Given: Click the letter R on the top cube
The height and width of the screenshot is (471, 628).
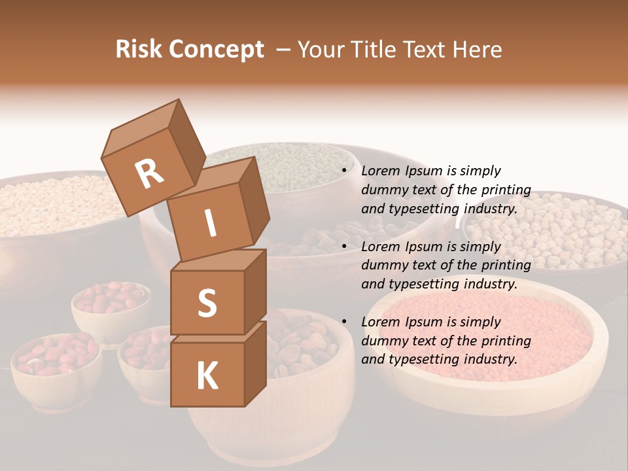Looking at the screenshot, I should click(x=149, y=174).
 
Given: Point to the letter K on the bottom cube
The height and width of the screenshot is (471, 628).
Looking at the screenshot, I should click(x=207, y=377).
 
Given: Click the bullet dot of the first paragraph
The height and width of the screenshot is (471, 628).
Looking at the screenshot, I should click(x=343, y=171).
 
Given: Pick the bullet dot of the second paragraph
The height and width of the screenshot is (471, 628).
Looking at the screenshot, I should click(x=343, y=247).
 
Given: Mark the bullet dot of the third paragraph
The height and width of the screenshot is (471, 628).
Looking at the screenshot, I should click(x=343, y=322).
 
